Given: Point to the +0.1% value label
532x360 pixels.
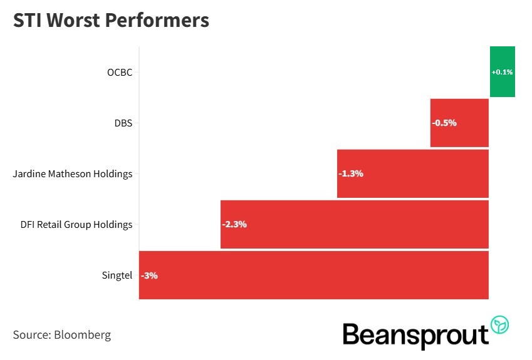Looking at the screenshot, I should click(x=502, y=72).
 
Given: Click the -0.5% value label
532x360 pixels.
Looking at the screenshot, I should click(x=444, y=123).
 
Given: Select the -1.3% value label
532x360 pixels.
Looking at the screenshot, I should click(x=351, y=173).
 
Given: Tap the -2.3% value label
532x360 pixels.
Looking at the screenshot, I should click(x=234, y=224).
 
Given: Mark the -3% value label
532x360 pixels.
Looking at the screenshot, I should click(x=149, y=275).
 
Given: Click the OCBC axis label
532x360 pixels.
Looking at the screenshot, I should click(x=120, y=72).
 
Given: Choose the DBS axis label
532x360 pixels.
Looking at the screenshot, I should click(x=123, y=123).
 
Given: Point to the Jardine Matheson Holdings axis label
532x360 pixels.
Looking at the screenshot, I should click(x=73, y=173).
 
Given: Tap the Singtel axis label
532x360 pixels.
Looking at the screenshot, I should click(x=117, y=275).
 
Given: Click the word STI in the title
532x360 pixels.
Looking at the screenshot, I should click(x=28, y=20).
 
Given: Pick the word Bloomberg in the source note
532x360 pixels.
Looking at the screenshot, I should click(x=83, y=334).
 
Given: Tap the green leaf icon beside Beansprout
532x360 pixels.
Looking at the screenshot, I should click(x=500, y=324).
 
